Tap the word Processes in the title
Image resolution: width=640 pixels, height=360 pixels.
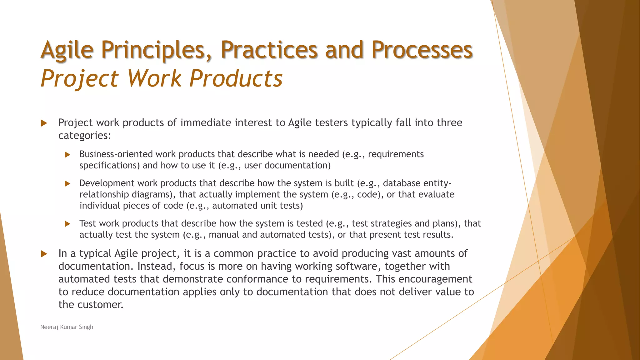tap(422, 50)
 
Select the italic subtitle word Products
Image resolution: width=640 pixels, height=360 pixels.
tap(236, 78)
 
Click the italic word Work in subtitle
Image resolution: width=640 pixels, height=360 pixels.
tap(154, 78)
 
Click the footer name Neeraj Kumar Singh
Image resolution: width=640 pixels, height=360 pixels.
tap(67, 327)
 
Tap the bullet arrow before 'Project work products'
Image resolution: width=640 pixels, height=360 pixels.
tap(44, 123)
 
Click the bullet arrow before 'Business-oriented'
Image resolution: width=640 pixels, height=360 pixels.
tap(67, 155)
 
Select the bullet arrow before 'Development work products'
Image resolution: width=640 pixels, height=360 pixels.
tap(67, 184)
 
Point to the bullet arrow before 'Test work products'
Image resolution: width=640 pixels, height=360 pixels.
tap(67, 224)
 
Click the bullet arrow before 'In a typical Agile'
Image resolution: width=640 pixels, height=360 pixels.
tap(44, 254)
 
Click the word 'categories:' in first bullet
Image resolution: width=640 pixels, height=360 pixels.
tap(85, 136)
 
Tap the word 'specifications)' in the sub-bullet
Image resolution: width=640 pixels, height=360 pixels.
tap(110, 166)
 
